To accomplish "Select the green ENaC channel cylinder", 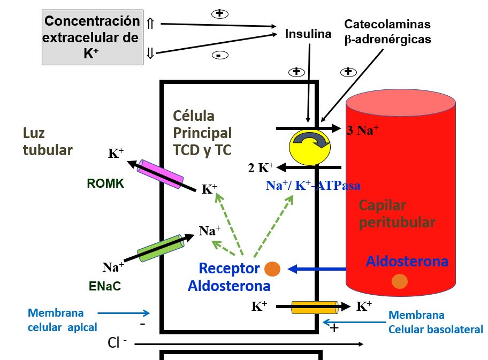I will click(x=160, y=247).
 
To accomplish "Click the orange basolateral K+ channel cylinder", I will click(x=315, y=307).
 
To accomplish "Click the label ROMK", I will click(x=105, y=184).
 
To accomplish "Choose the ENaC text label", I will click(x=105, y=286).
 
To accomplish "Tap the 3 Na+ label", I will click(x=363, y=131).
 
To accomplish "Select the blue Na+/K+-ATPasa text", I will click(x=313, y=186).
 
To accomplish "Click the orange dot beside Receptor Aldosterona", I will click(x=272, y=269).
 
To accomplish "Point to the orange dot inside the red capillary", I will click(x=399, y=281).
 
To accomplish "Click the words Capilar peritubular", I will click(x=397, y=213).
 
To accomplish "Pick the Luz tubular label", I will click(x=48, y=141).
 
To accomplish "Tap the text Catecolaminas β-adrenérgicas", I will click(x=387, y=32).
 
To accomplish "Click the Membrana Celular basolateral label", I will click(x=436, y=323).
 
